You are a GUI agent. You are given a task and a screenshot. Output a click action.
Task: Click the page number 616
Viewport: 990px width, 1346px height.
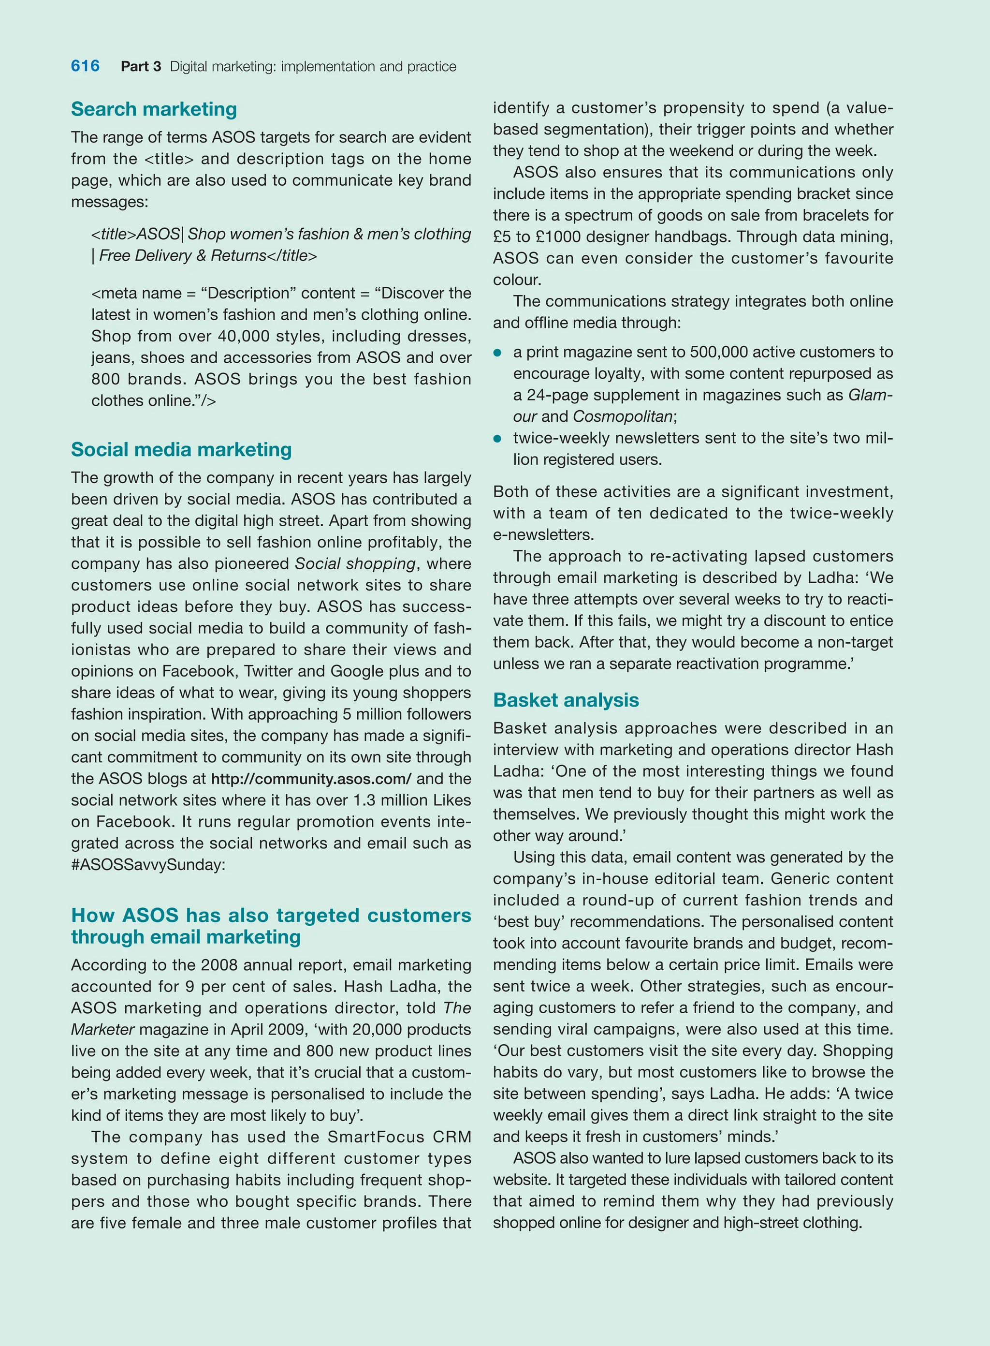85,66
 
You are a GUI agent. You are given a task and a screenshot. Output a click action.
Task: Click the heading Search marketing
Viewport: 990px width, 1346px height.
154,109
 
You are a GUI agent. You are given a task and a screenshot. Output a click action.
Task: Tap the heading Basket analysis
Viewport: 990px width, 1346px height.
566,700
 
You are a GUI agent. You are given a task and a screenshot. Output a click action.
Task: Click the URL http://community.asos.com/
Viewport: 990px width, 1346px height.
311,779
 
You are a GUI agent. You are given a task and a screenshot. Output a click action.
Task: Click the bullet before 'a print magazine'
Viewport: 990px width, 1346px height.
497,353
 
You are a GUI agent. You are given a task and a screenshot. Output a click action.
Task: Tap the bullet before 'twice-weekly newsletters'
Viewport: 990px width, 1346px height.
497,438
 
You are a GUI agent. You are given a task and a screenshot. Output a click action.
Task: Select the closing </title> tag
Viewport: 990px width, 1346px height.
292,256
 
